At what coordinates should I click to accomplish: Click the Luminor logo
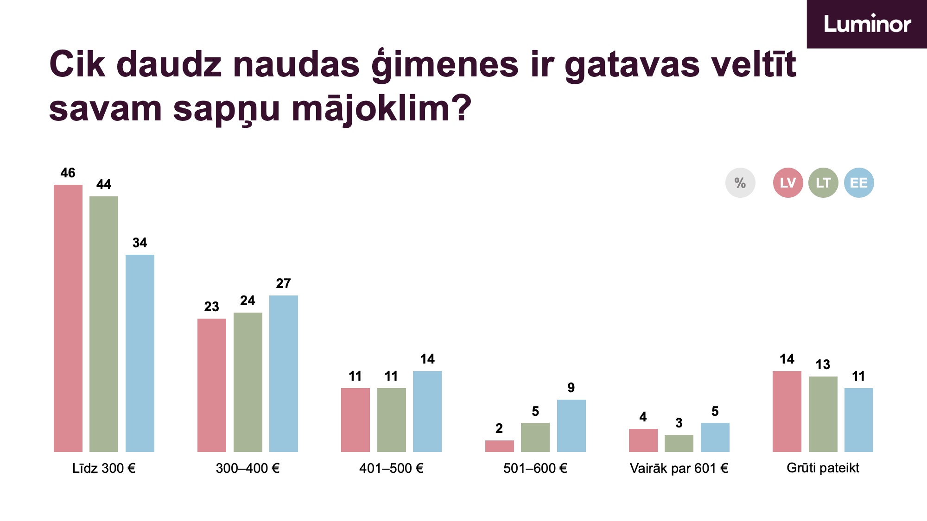pos(867,24)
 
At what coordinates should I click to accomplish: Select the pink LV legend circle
pos(788,182)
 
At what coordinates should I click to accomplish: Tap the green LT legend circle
pos(823,182)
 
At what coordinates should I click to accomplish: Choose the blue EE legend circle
pos(859,182)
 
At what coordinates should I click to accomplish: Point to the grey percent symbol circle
pos(740,182)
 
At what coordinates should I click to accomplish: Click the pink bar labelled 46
pos(68,318)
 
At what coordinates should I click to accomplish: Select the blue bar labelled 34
pos(140,353)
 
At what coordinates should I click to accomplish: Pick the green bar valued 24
pos(248,382)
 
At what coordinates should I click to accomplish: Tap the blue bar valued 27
pos(284,374)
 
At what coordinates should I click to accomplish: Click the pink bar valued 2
pos(500,446)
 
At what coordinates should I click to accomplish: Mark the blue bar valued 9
pos(571,426)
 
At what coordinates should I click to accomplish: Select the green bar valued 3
pos(679,443)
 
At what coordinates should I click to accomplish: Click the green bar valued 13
pos(823,414)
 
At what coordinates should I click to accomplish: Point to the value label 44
pos(104,184)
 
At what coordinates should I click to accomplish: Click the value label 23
pos(212,307)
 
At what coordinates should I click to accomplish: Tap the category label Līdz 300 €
pos(104,468)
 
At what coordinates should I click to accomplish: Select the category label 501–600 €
pos(535,468)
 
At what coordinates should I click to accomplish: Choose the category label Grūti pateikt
pos(823,468)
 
